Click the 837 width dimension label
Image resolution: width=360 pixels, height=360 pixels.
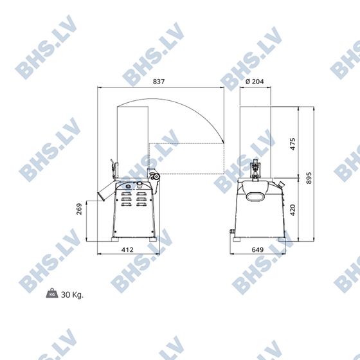point(159,82)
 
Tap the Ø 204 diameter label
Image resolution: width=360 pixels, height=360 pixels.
point(255,82)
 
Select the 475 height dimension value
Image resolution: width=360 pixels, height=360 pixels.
point(292,144)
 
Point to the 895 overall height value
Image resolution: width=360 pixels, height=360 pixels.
point(309,178)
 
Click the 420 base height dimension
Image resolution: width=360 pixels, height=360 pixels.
point(292,210)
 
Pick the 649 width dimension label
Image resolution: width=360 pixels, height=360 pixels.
point(258,249)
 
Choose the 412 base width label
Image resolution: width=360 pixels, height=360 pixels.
point(127,249)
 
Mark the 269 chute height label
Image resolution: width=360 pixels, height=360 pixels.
point(79,209)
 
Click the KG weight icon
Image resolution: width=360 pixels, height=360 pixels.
point(52,293)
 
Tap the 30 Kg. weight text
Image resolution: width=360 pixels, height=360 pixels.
point(72,295)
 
